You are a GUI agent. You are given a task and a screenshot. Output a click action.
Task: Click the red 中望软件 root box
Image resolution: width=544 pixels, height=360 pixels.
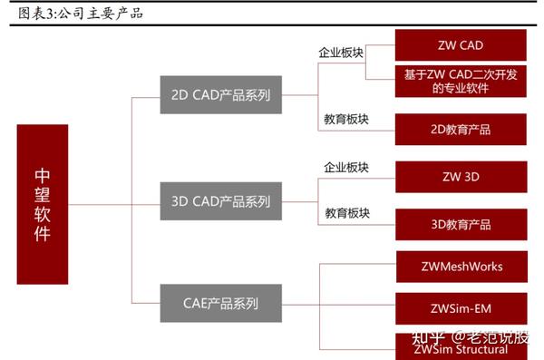tap(43, 203)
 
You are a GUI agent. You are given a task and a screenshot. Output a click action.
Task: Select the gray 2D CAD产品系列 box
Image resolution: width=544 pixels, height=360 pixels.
tap(220, 94)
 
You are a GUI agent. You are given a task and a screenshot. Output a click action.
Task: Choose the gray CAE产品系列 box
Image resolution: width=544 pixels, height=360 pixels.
tap(220, 302)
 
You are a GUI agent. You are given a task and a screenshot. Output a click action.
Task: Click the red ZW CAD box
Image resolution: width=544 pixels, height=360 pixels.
tap(461, 44)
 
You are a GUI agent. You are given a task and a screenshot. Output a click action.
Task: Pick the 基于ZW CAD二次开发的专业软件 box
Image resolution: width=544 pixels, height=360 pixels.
tap(461, 82)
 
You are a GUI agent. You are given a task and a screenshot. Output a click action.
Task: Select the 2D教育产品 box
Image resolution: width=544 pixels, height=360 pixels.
tap(461, 129)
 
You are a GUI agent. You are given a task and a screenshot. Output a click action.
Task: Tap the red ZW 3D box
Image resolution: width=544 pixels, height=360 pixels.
tap(461, 174)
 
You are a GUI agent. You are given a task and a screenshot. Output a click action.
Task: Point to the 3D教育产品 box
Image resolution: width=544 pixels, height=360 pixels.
tap(461, 223)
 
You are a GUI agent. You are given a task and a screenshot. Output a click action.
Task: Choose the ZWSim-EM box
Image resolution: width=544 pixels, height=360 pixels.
tap(461, 308)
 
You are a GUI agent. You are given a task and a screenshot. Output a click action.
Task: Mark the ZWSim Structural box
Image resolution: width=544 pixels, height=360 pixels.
tap(461, 348)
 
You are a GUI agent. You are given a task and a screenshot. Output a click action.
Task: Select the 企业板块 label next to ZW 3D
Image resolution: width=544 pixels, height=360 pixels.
tap(346, 167)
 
